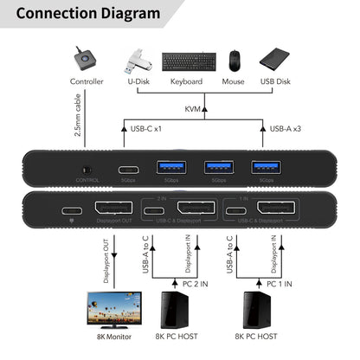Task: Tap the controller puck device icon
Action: tap(85, 58)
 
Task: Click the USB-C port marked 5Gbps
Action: tap(129, 168)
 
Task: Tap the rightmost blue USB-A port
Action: tap(260, 168)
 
